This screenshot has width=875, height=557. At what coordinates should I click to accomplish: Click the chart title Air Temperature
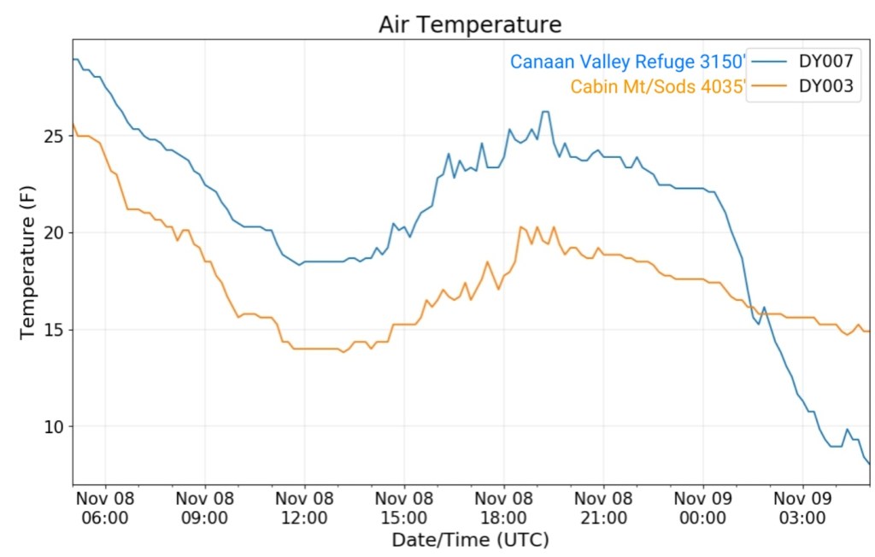(x=470, y=25)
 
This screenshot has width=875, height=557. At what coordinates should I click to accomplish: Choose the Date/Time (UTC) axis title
(x=470, y=540)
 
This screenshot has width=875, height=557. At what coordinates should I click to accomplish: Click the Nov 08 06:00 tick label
(x=105, y=507)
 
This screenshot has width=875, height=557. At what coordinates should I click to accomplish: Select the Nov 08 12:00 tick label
(x=304, y=507)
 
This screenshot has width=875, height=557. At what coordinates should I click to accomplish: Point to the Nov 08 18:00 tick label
(x=503, y=507)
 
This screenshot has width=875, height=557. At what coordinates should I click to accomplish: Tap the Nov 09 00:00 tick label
(x=702, y=507)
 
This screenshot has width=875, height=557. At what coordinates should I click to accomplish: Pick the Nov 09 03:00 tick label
(x=802, y=507)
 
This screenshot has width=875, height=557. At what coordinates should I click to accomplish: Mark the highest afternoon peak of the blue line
(x=544, y=112)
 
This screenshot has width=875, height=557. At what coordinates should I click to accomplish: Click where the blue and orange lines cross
(x=749, y=306)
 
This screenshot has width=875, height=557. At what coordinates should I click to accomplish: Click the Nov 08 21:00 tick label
(x=603, y=507)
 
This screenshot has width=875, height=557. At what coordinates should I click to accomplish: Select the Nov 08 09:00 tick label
(x=205, y=507)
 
